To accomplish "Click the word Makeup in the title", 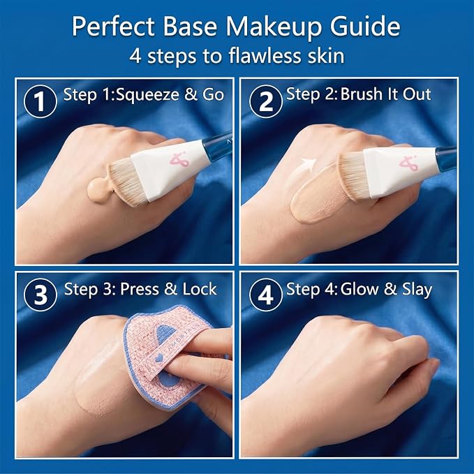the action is point(274,27).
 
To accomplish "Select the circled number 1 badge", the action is point(40,102).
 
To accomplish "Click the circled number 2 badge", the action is point(266,102).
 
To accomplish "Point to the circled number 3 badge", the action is point(40,295).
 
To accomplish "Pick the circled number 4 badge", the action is point(266,295).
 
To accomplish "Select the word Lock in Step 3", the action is point(200,289).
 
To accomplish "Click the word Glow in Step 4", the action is point(360,289).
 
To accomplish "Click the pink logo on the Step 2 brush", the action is point(408,163).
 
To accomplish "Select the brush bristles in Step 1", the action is point(126,182).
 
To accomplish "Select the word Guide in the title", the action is point(365,27).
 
